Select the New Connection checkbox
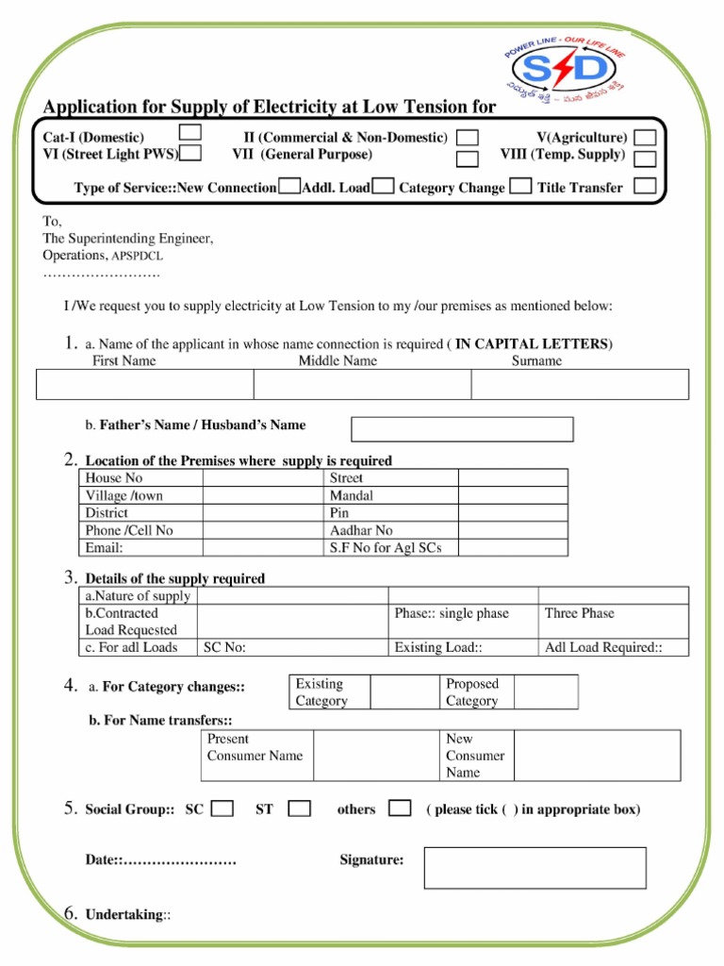point(290,187)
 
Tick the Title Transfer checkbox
point(645,186)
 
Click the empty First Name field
point(145,384)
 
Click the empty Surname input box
point(580,384)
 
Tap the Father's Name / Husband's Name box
point(462,429)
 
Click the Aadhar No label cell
point(361,530)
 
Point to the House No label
point(114,478)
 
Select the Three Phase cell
point(579,613)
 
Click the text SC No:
point(225,647)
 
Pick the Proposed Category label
point(472,692)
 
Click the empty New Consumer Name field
point(597,756)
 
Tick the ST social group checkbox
point(300,808)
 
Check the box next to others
point(400,808)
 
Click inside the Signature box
point(535,867)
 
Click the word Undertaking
point(123,915)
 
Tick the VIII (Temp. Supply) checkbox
point(645,159)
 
